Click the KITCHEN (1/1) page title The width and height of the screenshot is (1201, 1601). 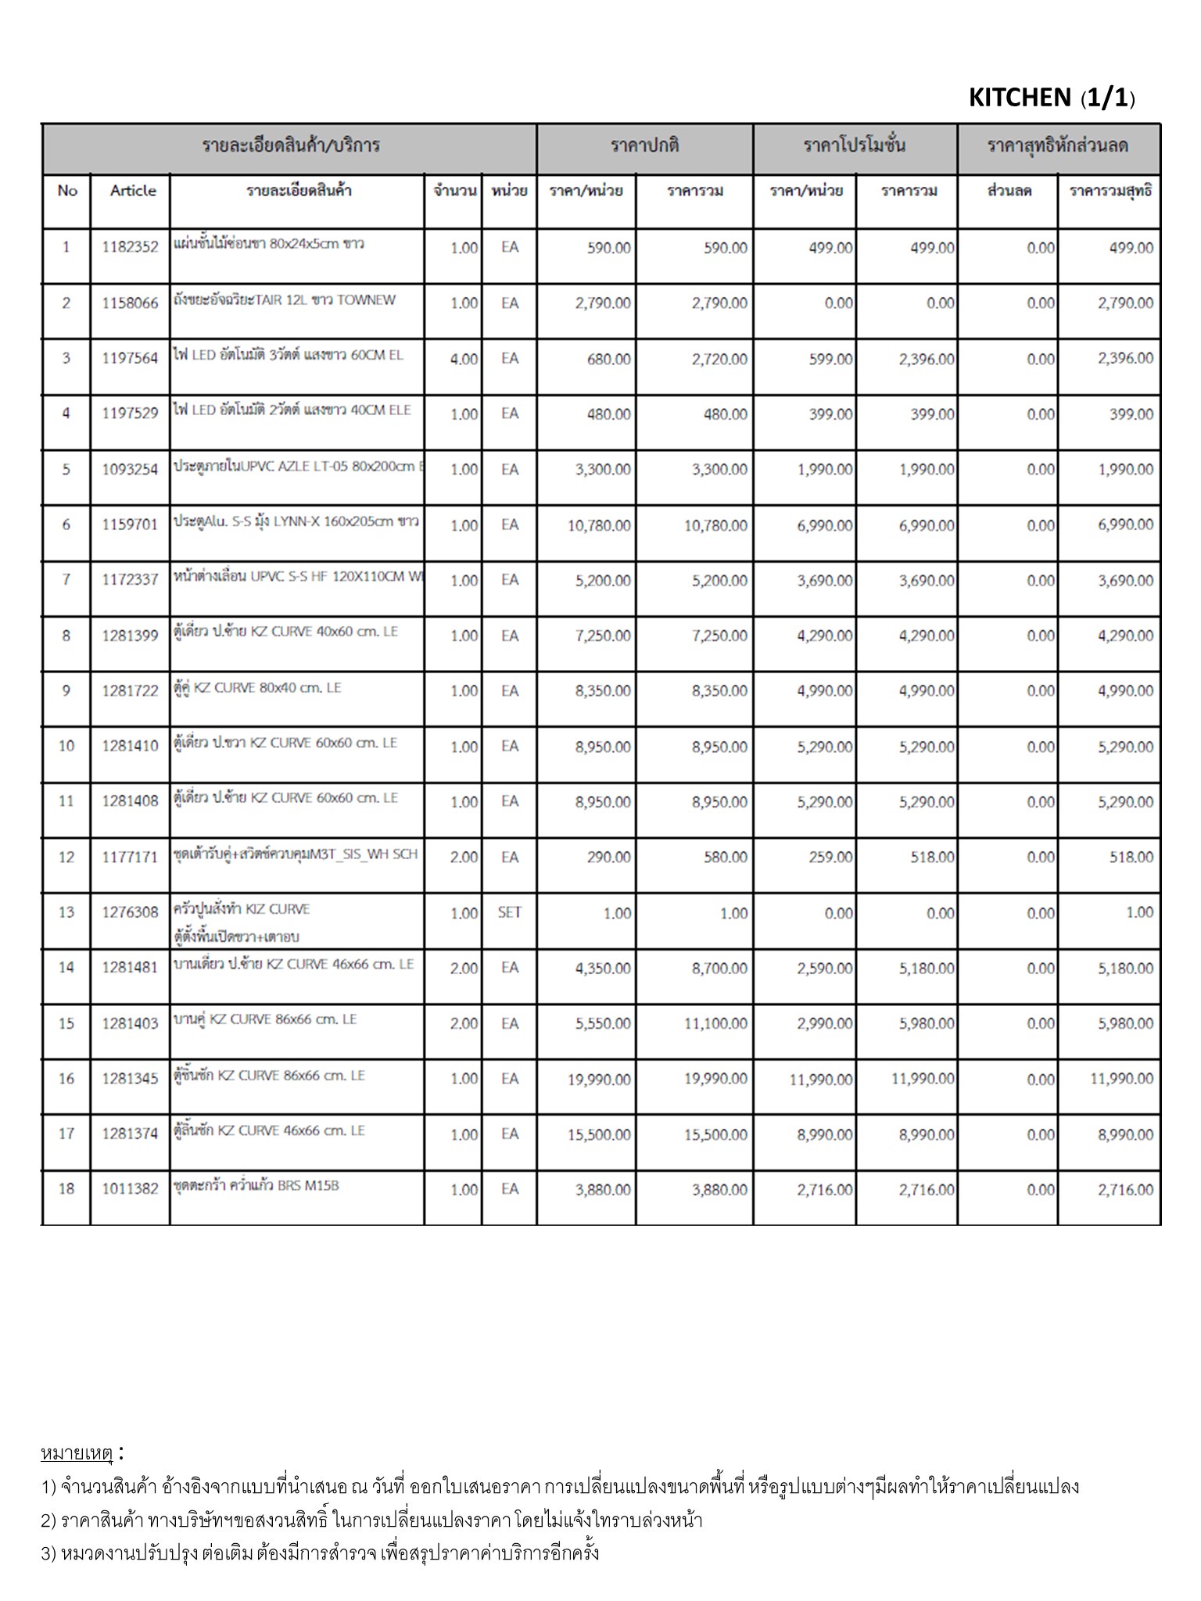click(x=1051, y=98)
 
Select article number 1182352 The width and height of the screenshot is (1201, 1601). click(x=130, y=248)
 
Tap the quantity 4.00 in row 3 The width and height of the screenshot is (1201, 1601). click(x=464, y=359)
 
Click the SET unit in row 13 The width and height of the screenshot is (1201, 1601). click(x=509, y=912)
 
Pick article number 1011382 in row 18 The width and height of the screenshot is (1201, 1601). click(x=130, y=1189)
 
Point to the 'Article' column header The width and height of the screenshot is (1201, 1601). click(x=133, y=191)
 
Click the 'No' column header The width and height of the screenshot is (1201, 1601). click(x=67, y=191)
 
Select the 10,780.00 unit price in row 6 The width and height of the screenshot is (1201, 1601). click(x=599, y=525)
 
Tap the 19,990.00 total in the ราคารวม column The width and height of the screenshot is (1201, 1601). click(x=715, y=1079)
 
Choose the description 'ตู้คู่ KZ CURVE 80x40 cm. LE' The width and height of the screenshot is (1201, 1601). click(x=257, y=689)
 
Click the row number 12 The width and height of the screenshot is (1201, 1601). click(x=66, y=857)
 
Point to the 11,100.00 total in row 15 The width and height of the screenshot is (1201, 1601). click(x=715, y=1023)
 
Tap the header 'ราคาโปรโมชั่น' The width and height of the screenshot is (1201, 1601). click(x=855, y=146)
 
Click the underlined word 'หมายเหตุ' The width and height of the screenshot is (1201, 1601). click(x=77, y=1453)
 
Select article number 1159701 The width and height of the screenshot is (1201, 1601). click(x=130, y=525)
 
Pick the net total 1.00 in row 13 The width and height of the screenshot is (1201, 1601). click(x=1139, y=912)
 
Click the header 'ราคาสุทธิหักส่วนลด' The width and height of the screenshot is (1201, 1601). click(x=1058, y=146)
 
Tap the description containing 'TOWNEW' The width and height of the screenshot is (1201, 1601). click(x=285, y=300)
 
